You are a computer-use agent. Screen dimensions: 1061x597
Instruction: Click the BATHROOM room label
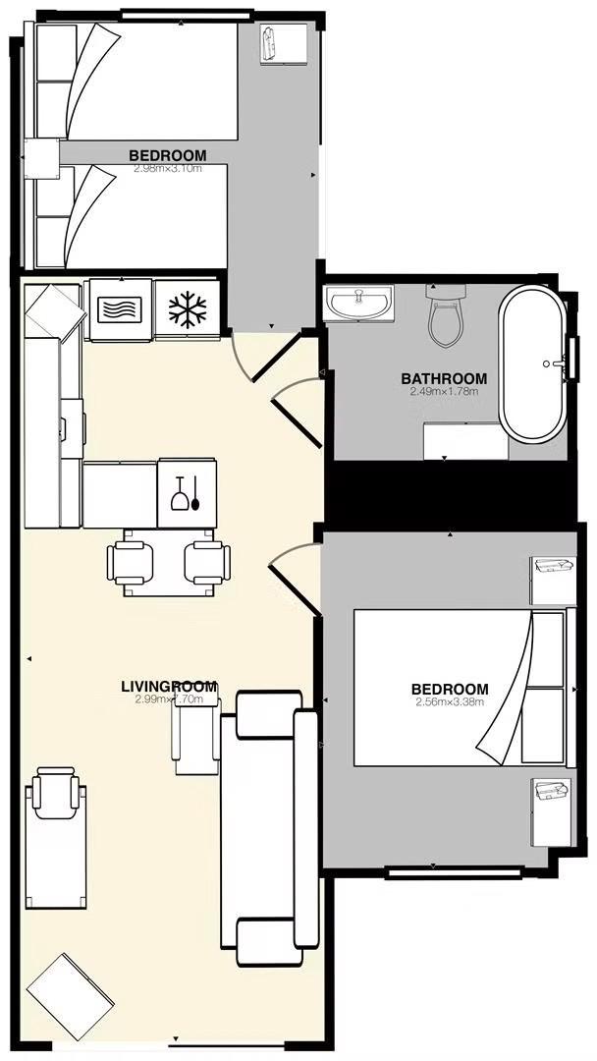(x=444, y=379)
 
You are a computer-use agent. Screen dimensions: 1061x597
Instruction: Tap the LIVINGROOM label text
(x=168, y=687)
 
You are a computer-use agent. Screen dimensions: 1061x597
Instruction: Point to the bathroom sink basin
(x=359, y=303)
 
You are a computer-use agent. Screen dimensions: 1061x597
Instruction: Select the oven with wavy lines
(x=122, y=310)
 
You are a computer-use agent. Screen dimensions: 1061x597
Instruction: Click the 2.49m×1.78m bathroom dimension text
(x=444, y=392)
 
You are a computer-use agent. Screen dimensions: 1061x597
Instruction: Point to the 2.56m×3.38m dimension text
(x=450, y=701)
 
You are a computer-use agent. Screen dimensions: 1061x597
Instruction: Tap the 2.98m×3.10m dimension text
(x=168, y=168)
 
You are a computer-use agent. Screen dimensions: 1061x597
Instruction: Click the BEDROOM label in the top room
(x=168, y=155)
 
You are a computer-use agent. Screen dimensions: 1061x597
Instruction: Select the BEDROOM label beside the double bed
(x=450, y=689)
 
